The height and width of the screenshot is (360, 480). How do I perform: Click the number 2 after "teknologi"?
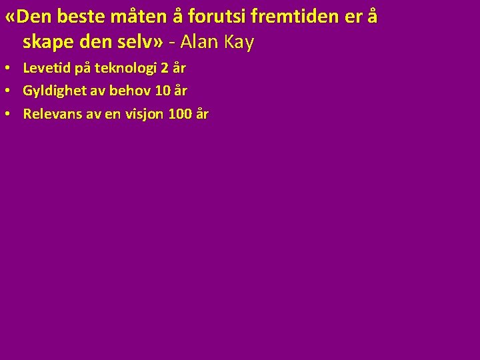click(x=165, y=68)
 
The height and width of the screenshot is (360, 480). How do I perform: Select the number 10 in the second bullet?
click(x=163, y=91)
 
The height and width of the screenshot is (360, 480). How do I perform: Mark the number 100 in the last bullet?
click(x=180, y=114)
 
